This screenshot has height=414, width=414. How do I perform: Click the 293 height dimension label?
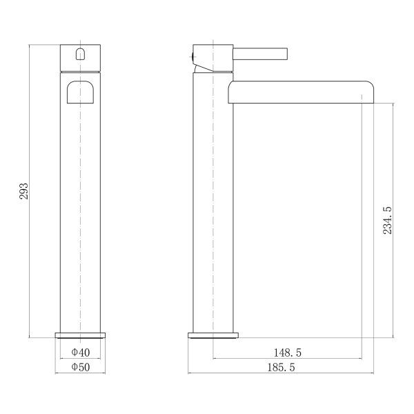(23, 191)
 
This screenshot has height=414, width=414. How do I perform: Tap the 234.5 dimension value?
(387, 221)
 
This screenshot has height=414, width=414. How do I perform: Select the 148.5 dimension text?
(287, 353)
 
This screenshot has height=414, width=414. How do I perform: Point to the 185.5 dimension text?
(281, 368)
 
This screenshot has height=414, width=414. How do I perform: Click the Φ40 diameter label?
(81, 353)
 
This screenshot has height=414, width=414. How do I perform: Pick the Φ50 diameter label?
(81, 367)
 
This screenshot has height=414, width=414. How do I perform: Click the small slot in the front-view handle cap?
(80, 54)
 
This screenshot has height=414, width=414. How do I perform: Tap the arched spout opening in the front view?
(80, 92)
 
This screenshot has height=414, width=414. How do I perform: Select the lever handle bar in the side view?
(260, 54)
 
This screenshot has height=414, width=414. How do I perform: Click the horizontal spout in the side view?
(301, 92)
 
